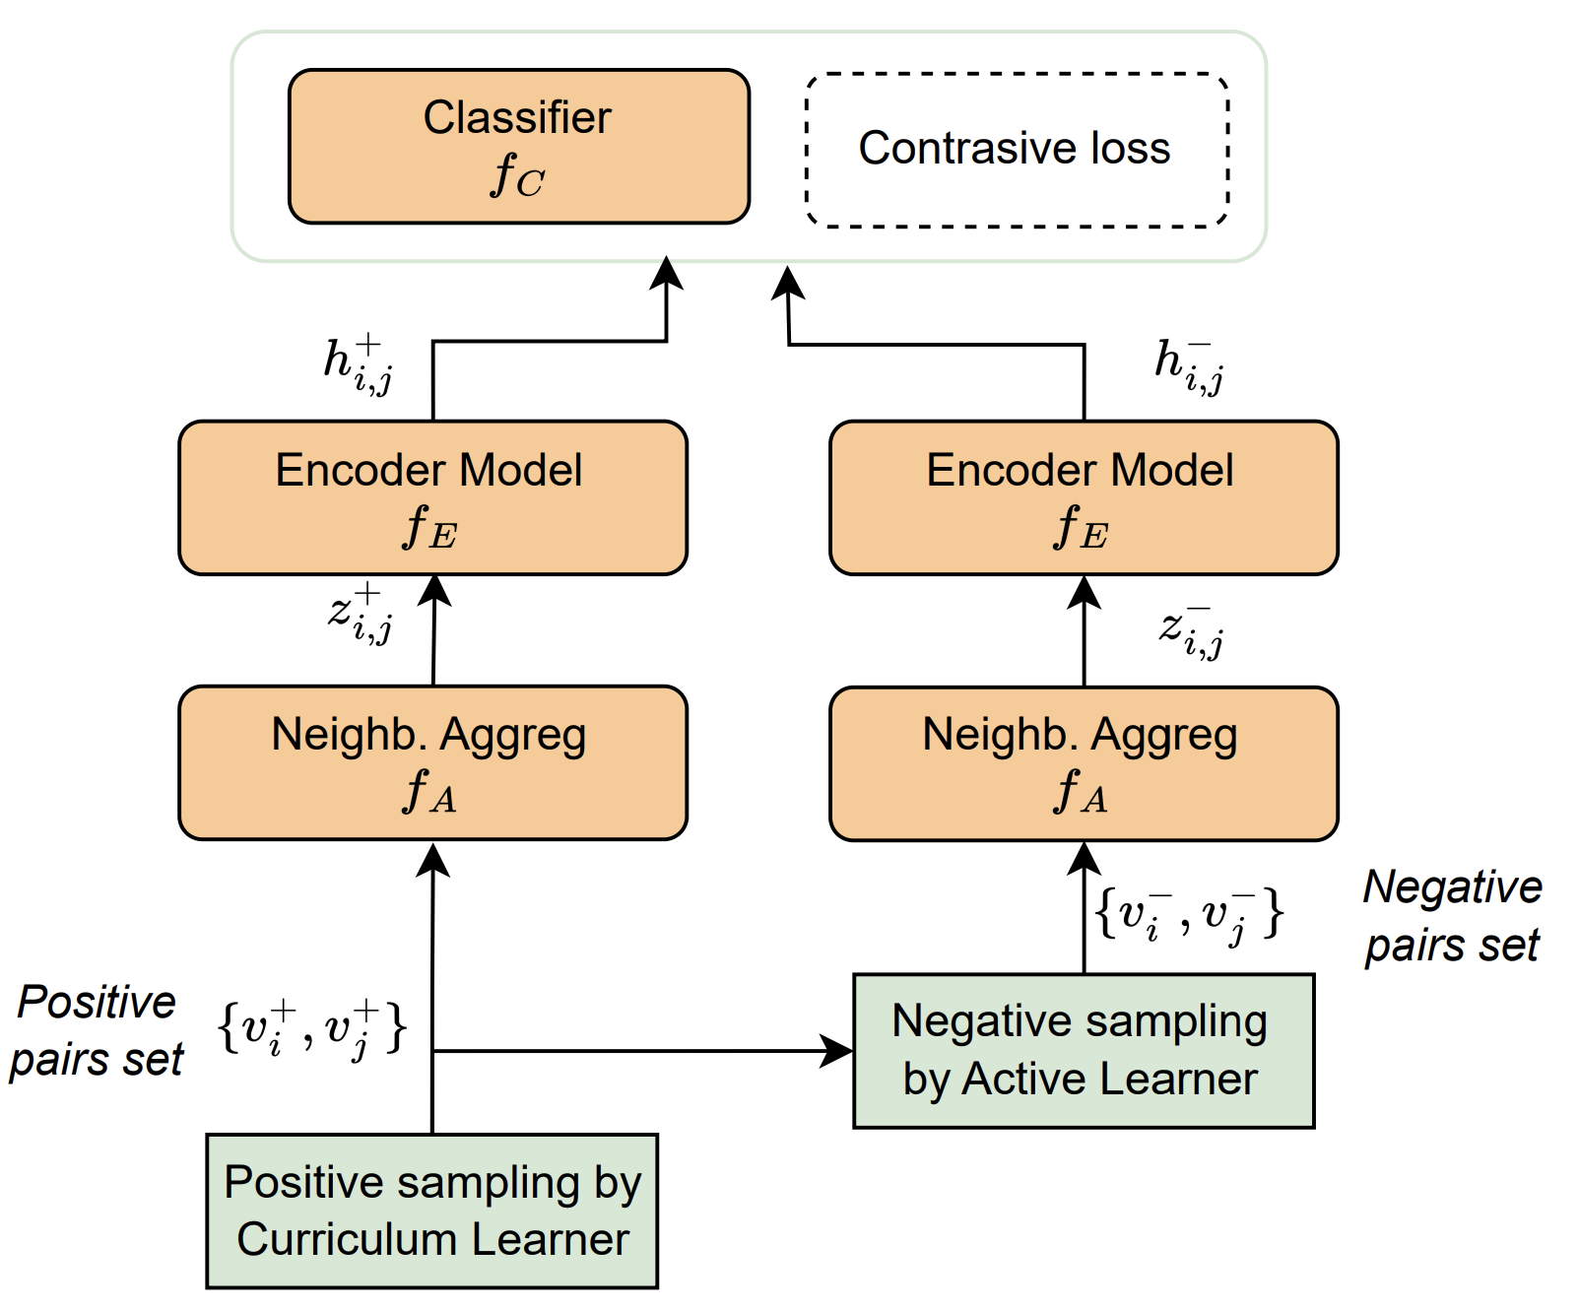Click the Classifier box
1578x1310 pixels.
(519, 147)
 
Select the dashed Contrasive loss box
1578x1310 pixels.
(1017, 150)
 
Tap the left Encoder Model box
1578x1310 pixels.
(432, 497)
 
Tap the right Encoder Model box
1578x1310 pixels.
(1084, 497)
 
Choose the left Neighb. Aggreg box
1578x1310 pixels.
(432, 762)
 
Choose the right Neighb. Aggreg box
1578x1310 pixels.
(1084, 763)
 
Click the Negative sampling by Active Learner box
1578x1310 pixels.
(1084, 1050)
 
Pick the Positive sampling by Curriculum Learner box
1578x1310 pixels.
(432, 1211)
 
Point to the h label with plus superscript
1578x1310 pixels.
(358, 363)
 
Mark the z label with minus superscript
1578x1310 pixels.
(1191, 630)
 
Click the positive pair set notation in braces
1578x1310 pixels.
(311, 1029)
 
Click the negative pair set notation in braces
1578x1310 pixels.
(1189, 915)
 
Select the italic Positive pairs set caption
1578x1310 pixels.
(97, 1030)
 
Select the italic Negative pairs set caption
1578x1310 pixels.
(1452, 916)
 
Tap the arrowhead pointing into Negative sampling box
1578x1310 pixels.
(838, 1051)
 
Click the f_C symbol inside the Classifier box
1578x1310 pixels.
(517, 176)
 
